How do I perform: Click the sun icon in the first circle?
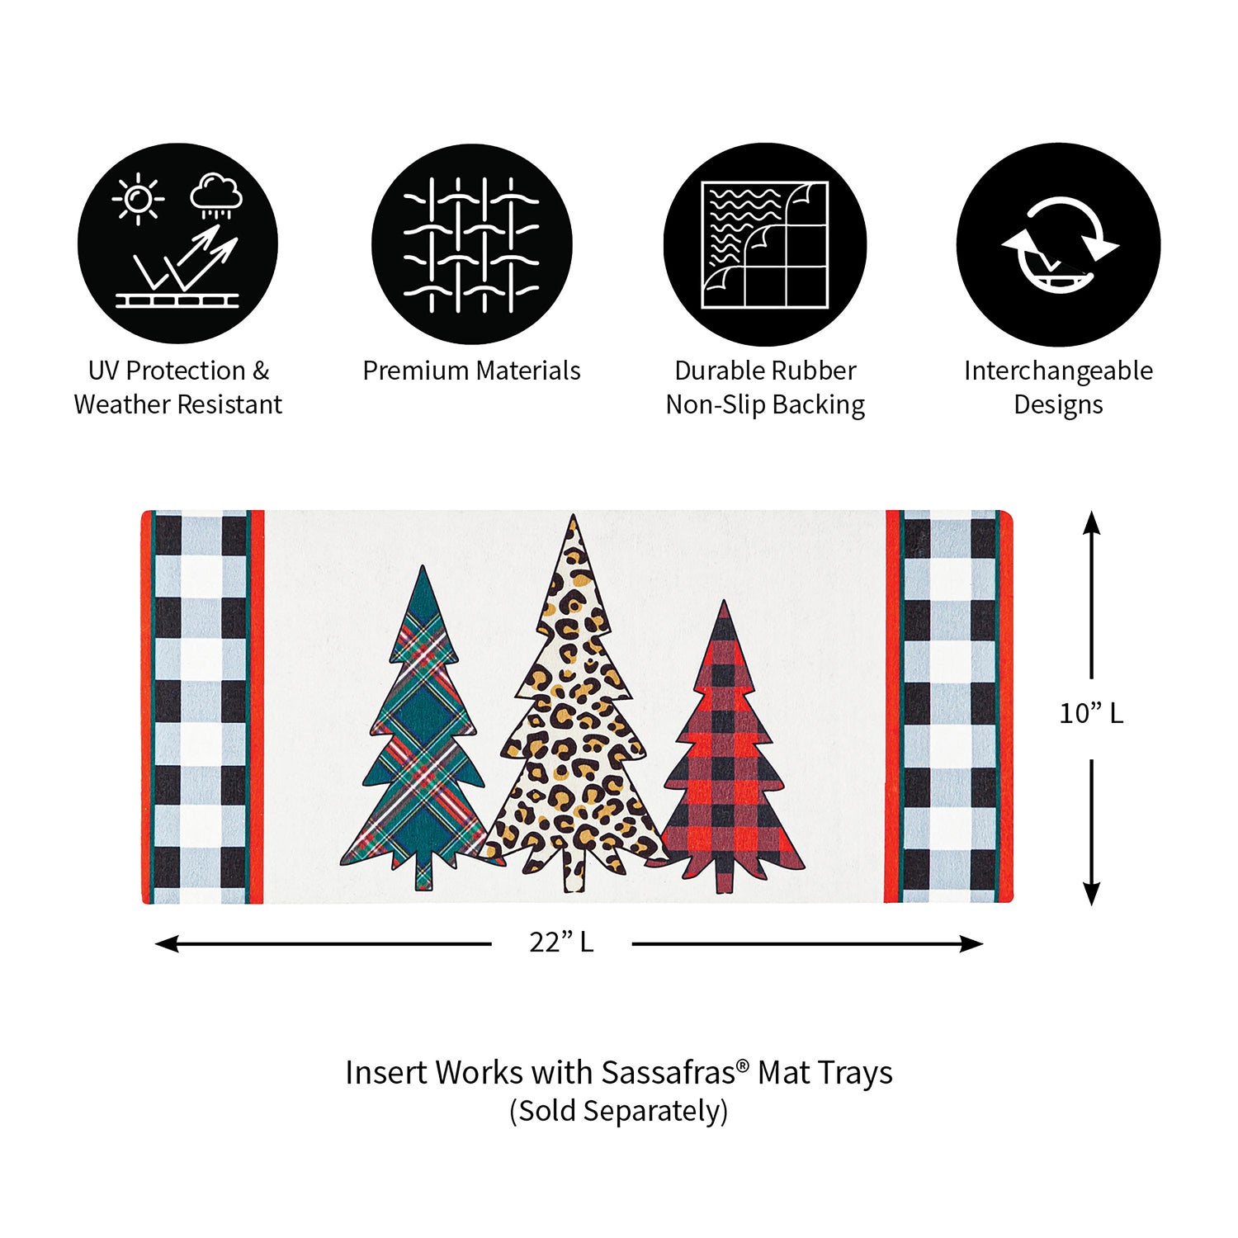(x=138, y=199)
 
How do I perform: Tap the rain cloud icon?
(x=216, y=196)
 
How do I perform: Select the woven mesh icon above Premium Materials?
(x=471, y=245)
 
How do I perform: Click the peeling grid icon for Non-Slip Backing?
(x=764, y=245)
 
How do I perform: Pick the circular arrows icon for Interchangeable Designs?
(x=1060, y=245)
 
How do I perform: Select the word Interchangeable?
(x=1058, y=371)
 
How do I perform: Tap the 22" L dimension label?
(x=561, y=942)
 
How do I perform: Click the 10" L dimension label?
(x=1091, y=713)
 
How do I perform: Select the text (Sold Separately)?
(x=618, y=1111)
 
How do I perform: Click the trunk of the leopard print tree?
(x=574, y=870)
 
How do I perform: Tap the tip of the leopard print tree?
(x=574, y=516)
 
